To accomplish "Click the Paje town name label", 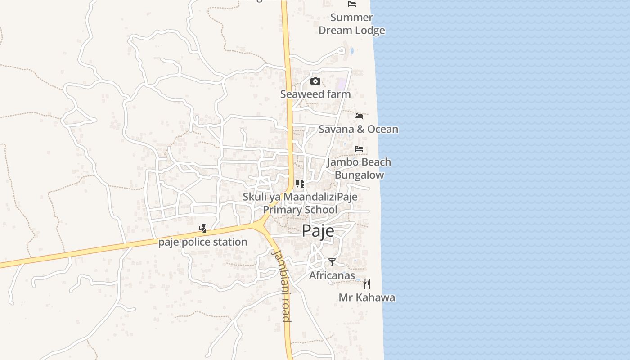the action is click(318, 231).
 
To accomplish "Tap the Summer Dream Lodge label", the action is click(352, 24).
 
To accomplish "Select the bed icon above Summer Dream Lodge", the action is click(352, 4).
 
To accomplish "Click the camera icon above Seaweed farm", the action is click(315, 81).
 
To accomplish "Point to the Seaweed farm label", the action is click(315, 94).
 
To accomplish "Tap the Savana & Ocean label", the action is click(358, 129).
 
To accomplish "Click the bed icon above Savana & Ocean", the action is click(359, 116).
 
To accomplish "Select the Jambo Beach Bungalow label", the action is click(359, 168).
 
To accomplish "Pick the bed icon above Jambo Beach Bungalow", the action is click(359, 148).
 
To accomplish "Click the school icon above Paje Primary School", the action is click(300, 183).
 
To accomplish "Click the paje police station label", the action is click(203, 242).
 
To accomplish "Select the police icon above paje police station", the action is click(203, 229).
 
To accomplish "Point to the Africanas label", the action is click(332, 275).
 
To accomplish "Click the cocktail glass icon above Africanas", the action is click(332, 262).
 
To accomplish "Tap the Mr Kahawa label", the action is click(367, 297).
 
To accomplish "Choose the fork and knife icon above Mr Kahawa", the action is click(367, 284).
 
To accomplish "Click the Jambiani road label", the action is click(282, 286).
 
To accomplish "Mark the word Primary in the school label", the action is click(283, 210).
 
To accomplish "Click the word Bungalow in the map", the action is click(360, 175).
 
